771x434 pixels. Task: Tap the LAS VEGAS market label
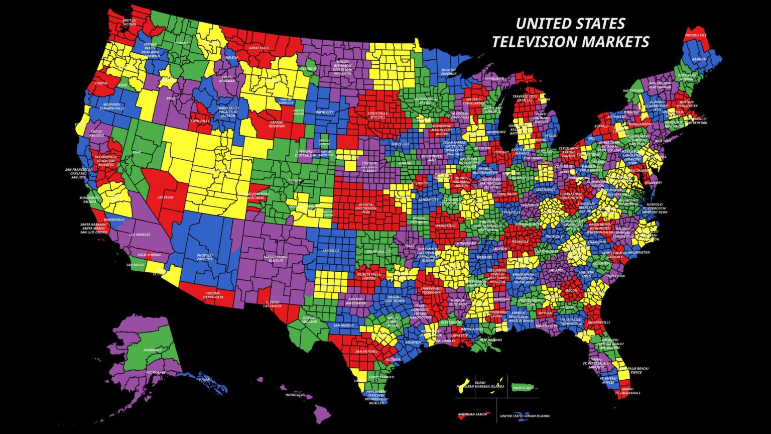[x=165, y=197]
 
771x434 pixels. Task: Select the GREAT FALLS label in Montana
[x=259, y=48]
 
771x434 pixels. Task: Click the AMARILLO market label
[x=331, y=250]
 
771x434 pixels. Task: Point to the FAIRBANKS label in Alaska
[x=152, y=350]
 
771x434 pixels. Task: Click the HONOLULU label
[x=295, y=395]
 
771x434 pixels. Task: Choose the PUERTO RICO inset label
[x=523, y=387]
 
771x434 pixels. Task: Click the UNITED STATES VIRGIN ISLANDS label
[x=525, y=416]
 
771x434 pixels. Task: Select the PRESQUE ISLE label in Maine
[x=696, y=35]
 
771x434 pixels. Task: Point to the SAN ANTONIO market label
[x=366, y=352]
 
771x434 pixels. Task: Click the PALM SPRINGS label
[x=149, y=255]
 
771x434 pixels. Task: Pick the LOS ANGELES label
[x=140, y=235]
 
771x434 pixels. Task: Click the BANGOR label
[x=699, y=59]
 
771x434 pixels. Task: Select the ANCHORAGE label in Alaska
[x=156, y=372]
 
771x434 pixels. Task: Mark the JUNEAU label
[x=204, y=379]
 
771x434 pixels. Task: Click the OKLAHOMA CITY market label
[x=379, y=251]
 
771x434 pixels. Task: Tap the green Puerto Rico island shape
[x=523, y=387]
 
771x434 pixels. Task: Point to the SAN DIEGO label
[x=135, y=265]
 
